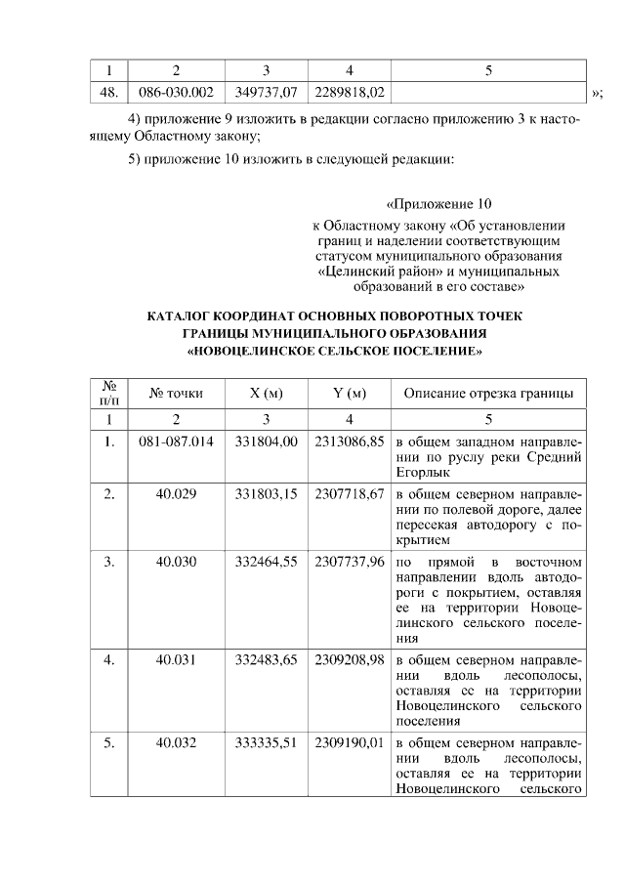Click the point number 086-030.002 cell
tap(177, 92)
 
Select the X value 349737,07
tap(267, 92)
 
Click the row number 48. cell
tap(109, 92)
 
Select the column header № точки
tap(177, 394)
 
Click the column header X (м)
tap(267, 394)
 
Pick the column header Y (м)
tap(350, 394)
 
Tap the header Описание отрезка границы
tap(488, 394)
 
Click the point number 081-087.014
tap(177, 442)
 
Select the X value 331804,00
tap(267, 442)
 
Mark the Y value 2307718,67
tap(350, 494)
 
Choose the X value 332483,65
tap(267, 660)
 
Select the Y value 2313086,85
tap(350, 442)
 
